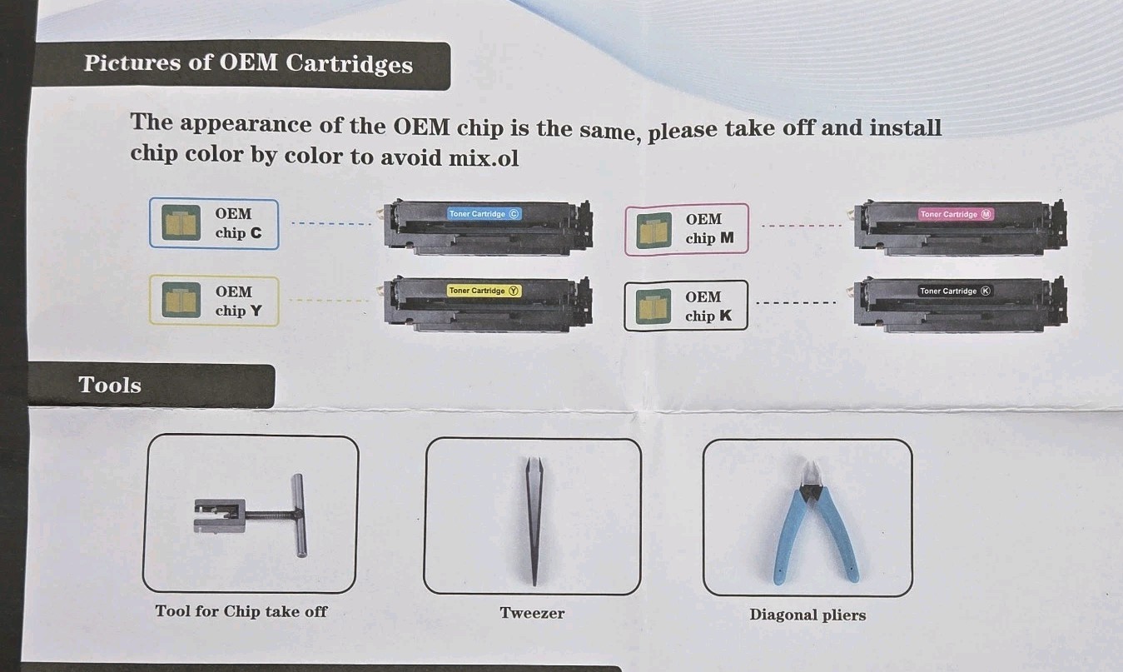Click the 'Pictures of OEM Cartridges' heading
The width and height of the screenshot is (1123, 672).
(x=248, y=63)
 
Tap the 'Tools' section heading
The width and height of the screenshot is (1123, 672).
(x=110, y=386)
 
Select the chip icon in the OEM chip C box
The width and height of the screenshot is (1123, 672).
(x=181, y=222)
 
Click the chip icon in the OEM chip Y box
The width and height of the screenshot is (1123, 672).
(x=181, y=300)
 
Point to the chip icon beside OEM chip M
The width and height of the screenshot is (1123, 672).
(x=653, y=230)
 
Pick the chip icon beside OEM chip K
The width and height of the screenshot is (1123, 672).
(x=653, y=306)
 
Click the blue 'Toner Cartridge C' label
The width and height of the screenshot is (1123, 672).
(x=484, y=214)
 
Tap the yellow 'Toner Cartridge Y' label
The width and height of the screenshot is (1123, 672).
(x=484, y=291)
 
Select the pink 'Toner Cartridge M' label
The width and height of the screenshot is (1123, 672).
(x=956, y=214)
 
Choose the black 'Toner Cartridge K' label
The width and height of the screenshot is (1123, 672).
(x=956, y=291)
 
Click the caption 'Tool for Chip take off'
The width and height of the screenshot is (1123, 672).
(x=241, y=611)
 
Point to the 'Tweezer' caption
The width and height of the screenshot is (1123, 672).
(x=532, y=613)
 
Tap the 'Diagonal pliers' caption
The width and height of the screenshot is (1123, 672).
(x=807, y=615)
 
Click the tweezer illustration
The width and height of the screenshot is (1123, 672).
(x=534, y=521)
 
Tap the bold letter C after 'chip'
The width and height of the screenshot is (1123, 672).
(x=256, y=233)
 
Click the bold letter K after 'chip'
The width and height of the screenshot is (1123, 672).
(x=725, y=316)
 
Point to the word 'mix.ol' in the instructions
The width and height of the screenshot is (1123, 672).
(x=484, y=158)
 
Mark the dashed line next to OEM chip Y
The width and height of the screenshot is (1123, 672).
(x=330, y=301)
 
